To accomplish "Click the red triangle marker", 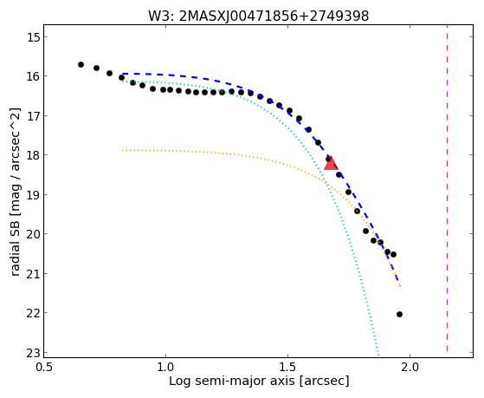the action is coord(331,164).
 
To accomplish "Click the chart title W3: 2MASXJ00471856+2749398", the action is coord(259,16).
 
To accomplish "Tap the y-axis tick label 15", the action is coord(33,37).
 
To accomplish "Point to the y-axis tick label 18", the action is coord(33,155).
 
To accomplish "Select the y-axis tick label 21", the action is coord(33,274).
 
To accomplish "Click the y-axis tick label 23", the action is coord(33,353).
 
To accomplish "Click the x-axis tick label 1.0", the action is coord(165,367).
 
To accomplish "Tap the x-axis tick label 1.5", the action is coord(287,367).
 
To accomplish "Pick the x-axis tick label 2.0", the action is coord(410,367).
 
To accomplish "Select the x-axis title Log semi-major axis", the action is coord(232,381).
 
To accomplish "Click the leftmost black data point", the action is coord(81,65).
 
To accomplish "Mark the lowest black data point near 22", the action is coord(399,314).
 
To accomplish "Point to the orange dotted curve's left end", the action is coord(123,150).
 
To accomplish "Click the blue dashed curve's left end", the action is coord(123,74).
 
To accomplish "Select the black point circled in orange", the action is coord(357,212).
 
